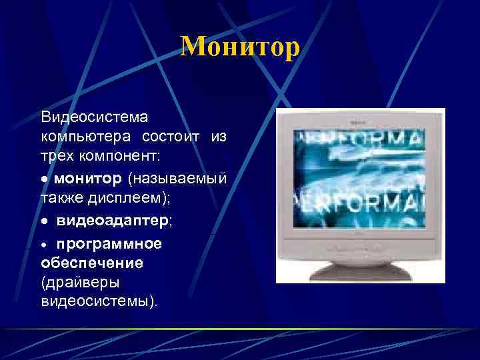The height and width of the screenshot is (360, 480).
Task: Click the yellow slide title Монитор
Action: (x=240, y=47)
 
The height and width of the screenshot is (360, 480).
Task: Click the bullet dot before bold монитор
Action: (x=45, y=180)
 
